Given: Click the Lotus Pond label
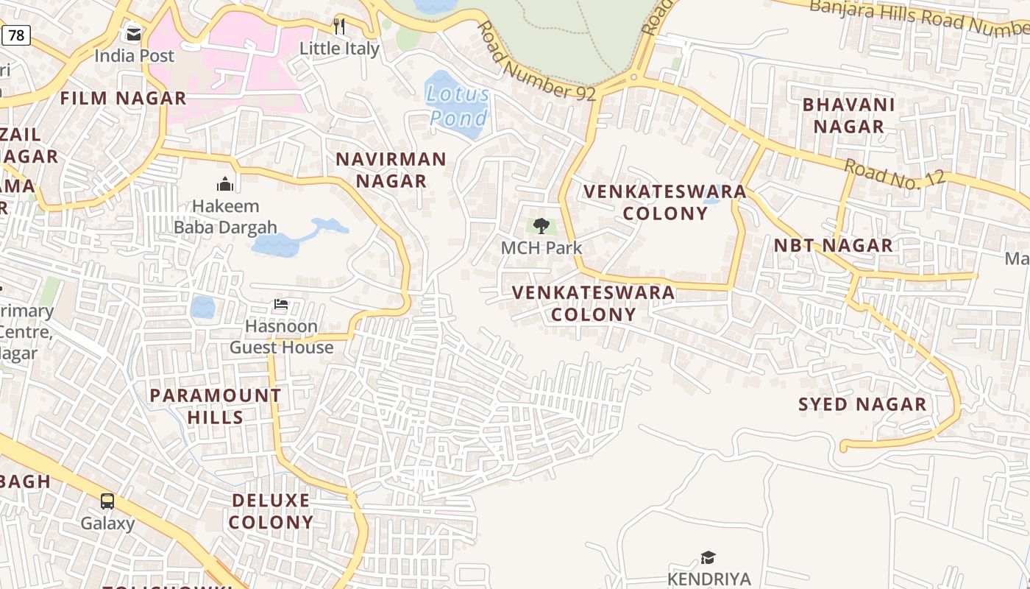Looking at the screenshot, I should (458, 105).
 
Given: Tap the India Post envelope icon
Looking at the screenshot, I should (134, 34).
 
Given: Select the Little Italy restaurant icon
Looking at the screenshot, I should (339, 27).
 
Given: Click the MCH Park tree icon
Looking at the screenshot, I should (541, 225).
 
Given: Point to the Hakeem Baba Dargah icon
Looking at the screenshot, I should (225, 183).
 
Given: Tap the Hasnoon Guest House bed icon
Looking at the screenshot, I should (281, 303).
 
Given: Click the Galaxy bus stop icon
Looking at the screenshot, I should (107, 501).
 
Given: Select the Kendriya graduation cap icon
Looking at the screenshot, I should (708, 557).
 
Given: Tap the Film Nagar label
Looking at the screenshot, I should (123, 98).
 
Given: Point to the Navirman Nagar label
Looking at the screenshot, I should (391, 170).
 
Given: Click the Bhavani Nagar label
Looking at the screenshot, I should (848, 116).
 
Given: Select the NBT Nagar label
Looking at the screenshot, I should (833, 245).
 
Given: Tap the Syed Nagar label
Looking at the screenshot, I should (862, 404).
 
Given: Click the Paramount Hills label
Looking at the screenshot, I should (215, 406).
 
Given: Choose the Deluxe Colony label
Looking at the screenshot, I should (271, 511).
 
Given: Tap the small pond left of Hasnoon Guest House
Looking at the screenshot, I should (202, 307).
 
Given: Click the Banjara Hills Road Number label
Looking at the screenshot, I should (920, 16).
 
